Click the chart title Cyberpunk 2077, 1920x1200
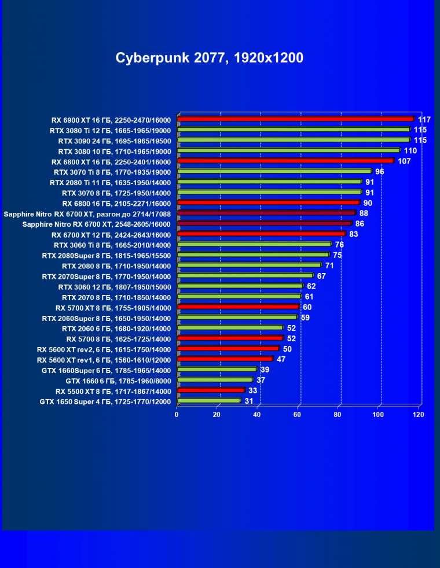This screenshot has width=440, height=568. tap(209, 58)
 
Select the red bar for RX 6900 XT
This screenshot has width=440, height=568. tap(295, 119)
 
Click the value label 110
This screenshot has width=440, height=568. tap(410, 150)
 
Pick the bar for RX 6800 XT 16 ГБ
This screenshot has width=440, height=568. tap(285, 161)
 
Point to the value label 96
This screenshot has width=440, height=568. tap(380, 171)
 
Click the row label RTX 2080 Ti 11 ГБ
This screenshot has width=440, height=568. tap(110, 182)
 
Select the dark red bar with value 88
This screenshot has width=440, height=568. tap(266, 213)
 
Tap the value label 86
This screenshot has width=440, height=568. tap(360, 223)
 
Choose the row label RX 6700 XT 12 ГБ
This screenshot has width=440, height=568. tap(111, 235)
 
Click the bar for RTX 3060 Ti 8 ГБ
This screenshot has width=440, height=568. tap(254, 245)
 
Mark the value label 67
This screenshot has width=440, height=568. tap(321, 276)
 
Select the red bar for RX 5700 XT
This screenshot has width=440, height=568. tap(238, 307)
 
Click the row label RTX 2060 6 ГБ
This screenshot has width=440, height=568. tap(116, 329)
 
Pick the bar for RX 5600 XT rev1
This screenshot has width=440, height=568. tap(225, 359)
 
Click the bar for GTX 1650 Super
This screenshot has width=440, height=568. tap(208, 401)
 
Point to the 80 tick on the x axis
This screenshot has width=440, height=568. tap(338, 414)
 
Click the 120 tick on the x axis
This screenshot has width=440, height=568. tap(419, 414)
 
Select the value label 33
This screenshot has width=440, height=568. tap(253, 390)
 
